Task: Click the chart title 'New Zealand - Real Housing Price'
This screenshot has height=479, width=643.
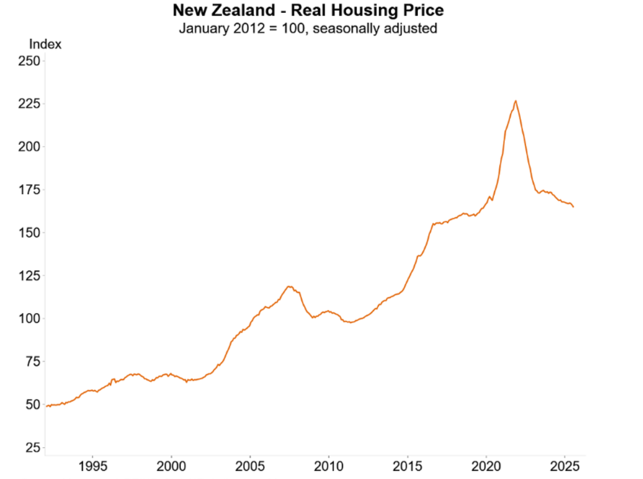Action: [x=308, y=10]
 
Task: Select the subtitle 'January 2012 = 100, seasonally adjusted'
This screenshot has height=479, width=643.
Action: [x=308, y=28]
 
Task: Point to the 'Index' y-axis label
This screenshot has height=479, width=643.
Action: [x=45, y=44]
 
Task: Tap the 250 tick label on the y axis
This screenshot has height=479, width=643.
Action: [x=29, y=61]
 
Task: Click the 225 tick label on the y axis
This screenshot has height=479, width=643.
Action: [x=29, y=104]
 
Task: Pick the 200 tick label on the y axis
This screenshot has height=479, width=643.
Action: [x=29, y=147]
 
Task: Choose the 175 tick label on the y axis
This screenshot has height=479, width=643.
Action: [x=29, y=189]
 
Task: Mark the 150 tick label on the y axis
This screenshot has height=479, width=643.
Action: [x=29, y=232]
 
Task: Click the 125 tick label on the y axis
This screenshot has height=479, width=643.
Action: [x=29, y=275]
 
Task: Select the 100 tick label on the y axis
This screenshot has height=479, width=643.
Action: [x=29, y=318]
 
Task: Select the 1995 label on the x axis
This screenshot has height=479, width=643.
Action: [x=93, y=467]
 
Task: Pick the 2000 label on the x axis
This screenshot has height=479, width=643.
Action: [x=171, y=467]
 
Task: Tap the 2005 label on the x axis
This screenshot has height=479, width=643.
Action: [x=250, y=467]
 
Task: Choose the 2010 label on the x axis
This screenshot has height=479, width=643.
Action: [x=329, y=467]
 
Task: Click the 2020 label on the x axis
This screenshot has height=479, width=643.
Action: [x=487, y=467]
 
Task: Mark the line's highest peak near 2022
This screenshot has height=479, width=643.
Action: [x=516, y=101]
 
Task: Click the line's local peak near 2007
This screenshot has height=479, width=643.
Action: [x=289, y=287]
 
